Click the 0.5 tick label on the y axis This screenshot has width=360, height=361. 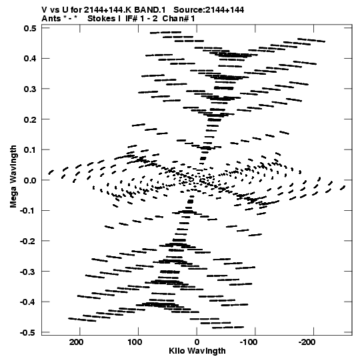pos(30,28)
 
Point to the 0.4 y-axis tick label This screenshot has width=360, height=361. pos(30,59)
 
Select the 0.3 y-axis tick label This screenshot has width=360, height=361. pos(30,89)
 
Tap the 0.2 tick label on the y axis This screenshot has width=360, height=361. pos(30,119)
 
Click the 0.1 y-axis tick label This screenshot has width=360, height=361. pos(30,150)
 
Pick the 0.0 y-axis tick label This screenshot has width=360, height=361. pos(30,180)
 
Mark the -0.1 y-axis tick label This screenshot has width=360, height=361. pos(28,211)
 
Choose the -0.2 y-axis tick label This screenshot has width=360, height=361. pos(28,242)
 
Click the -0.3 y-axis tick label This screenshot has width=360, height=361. pos(28,272)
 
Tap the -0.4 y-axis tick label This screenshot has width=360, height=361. pos(28,302)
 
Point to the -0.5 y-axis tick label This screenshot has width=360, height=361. pos(28,333)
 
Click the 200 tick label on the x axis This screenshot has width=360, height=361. pos(77,342)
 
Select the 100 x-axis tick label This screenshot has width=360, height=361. pos(135,342)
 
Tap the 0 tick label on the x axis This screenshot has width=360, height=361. pos(197,342)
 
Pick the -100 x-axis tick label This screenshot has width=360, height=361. pos(249,342)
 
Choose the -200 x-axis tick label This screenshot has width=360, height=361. pos(307,342)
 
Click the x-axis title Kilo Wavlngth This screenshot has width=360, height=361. pos(197,351)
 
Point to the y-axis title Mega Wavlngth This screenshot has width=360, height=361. pos(13,177)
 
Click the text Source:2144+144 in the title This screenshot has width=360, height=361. pos(209,10)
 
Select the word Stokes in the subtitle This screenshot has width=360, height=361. pos(102,19)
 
